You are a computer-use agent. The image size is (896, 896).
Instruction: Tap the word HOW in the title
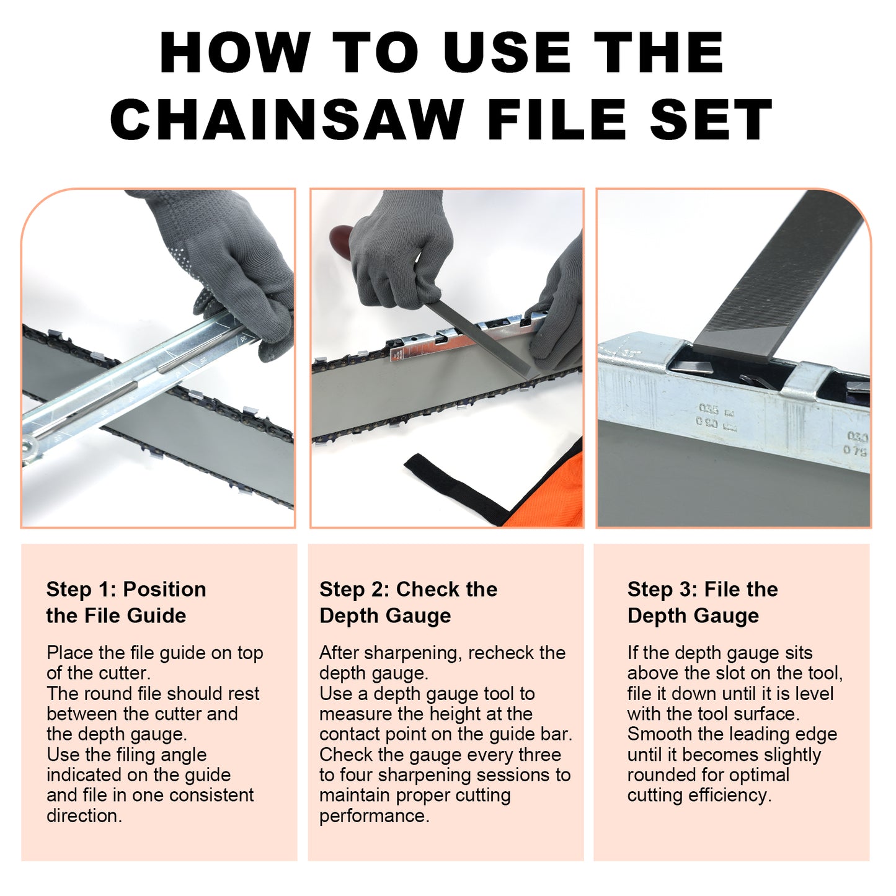[235, 53]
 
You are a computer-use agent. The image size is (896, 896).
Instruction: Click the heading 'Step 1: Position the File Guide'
[126, 602]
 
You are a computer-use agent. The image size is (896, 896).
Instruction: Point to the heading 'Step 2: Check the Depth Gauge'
[408, 602]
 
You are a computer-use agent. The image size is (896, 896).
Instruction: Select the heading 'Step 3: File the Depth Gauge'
[702, 602]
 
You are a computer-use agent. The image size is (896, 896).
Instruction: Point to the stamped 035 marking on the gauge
[709, 409]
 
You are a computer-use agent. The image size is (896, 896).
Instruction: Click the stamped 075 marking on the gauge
[856, 451]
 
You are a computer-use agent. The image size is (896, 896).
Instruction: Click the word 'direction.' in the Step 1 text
[84, 816]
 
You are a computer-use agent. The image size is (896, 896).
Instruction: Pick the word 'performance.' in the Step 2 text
[374, 816]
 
